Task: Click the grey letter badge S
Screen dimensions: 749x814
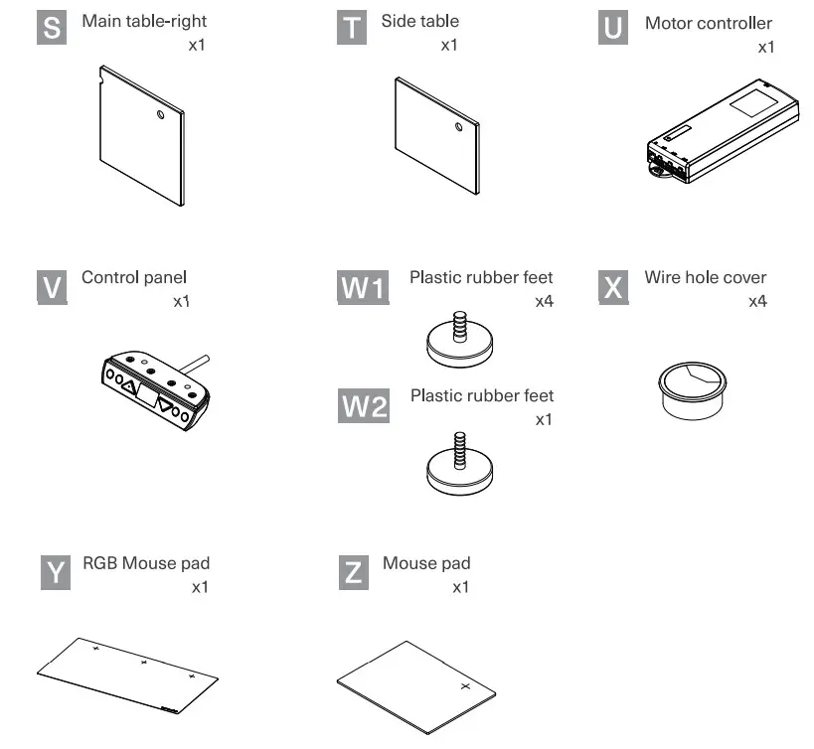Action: click(x=53, y=28)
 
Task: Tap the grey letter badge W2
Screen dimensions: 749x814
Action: click(x=364, y=407)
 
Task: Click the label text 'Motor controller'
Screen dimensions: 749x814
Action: click(x=708, y=23)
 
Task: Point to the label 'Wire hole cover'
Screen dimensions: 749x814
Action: click(x=705, y=277)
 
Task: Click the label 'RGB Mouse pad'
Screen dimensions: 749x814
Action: click(x=146, y=563)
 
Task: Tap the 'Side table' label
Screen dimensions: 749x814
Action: click(x=419, y=21)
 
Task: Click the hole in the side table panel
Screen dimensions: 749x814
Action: click(x=457, y=127)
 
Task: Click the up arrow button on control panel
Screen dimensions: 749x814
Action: click(x=128, y=384)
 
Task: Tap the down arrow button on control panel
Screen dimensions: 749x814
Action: click(x=165, y=404)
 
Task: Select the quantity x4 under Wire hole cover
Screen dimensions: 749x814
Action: click(x=757, y=301)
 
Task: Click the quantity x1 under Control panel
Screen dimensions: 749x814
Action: click(x=181, y=301)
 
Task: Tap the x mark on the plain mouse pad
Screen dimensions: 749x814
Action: click(x=463, y=686)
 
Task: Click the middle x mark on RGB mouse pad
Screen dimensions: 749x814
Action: click(x=144, y=662)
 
